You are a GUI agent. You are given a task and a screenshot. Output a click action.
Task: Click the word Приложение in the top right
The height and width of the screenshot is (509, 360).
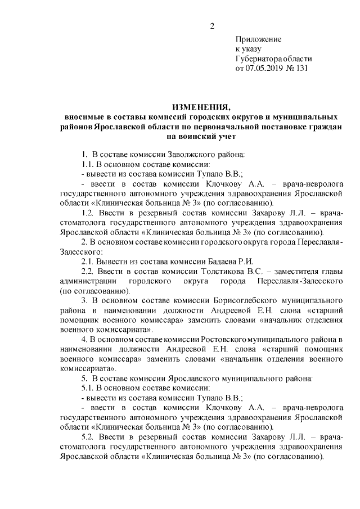point(258,40)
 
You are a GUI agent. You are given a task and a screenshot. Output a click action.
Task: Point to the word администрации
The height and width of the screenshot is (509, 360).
point(88,281)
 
